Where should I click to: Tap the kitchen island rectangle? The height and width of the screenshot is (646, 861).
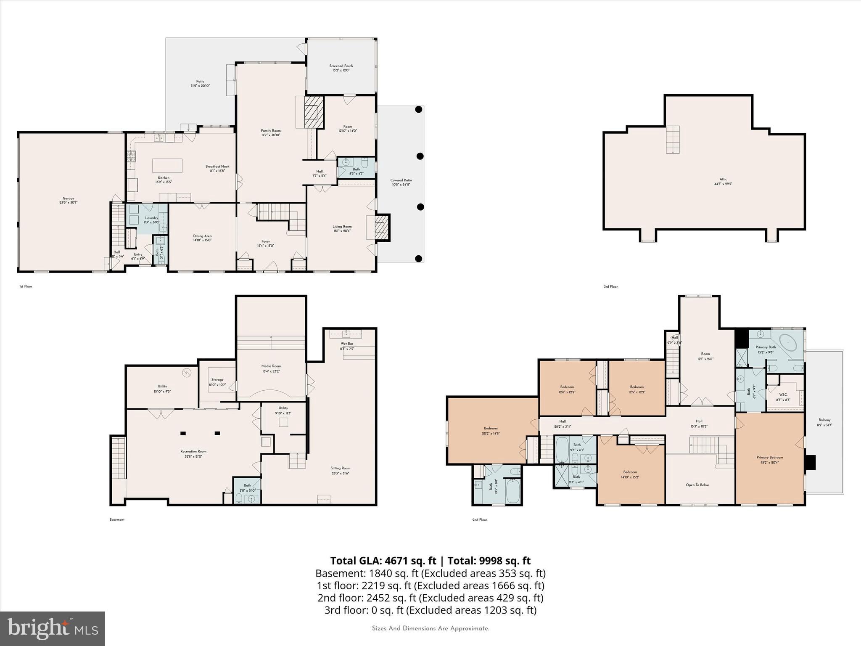click(167, 166)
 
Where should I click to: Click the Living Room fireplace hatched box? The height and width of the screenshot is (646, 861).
click(382, 228)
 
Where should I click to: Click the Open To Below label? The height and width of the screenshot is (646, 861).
click(697, 485)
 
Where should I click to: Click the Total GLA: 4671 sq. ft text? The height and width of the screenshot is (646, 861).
click(383, 561)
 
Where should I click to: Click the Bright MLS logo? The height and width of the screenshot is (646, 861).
click(53, 628)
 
